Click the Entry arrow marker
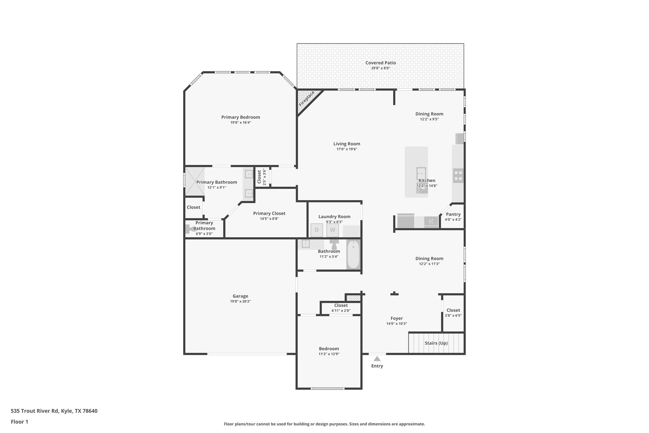tap(377, 359)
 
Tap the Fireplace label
tap(307, 99)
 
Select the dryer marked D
tap(317, 230)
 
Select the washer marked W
tap(332, 230)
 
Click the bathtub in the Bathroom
tap(353, 255)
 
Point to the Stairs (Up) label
tap(436, 343)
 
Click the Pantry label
tap(453, 214)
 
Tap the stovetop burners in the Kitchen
tap(458, 176)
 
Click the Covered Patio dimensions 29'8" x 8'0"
tap(380, 68)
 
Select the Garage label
tap(240, 296)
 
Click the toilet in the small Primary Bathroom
tap(190, 229)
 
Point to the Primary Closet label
tap(269, 213)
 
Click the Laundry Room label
tap(334, 217)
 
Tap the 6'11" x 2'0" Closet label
tap(341, 311)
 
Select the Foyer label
tap(396, 318)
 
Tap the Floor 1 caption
tap(19, 422)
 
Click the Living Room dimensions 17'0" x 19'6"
tap(347, 149)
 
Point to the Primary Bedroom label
tap(241, 117)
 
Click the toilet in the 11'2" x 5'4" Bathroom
tap(334, 245)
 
